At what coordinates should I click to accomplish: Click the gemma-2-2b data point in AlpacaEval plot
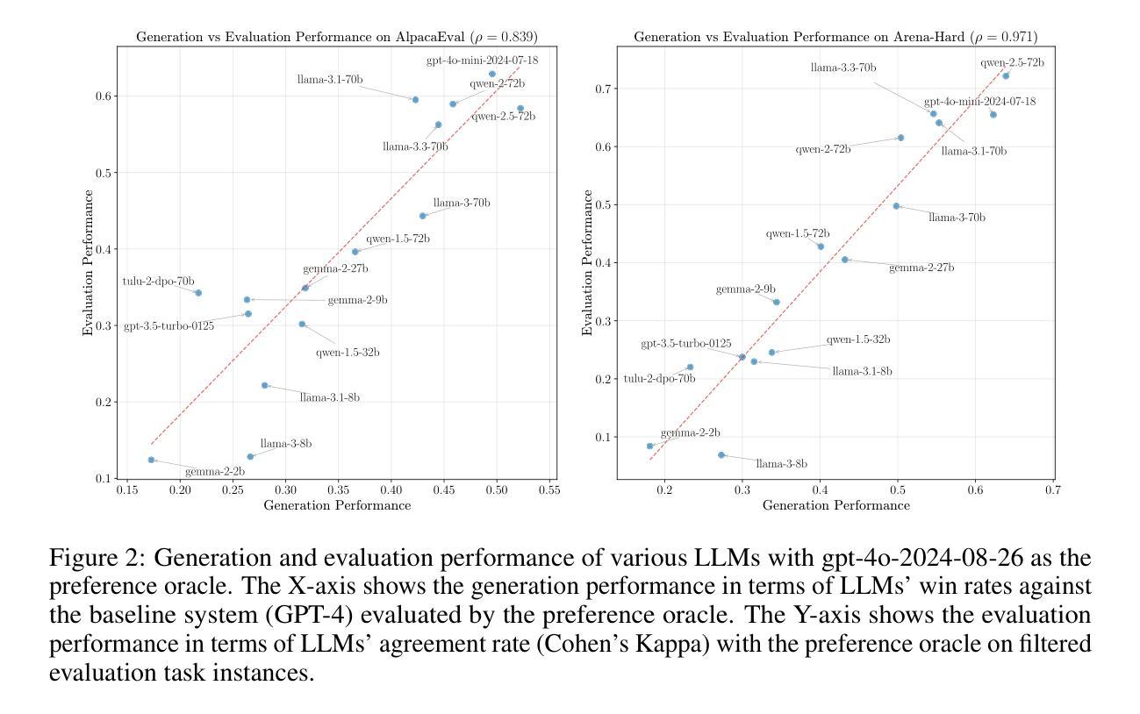pos(151,460)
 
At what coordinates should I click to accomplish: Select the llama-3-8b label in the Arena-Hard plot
pos(781,464)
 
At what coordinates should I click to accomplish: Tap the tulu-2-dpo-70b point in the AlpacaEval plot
pos(198,293)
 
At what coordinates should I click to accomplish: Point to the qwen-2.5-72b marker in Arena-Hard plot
pos(1006,76)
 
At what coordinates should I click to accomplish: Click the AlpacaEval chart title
pos(337,37)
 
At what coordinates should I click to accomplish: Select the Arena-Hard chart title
pos(835,37)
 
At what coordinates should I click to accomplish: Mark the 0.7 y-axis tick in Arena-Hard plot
pos(604,89)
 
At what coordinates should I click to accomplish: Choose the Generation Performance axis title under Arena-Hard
pos(835,506)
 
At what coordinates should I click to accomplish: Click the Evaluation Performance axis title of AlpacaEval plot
pos(89,263)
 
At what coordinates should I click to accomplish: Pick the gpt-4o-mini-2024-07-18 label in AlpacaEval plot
pos(482,61)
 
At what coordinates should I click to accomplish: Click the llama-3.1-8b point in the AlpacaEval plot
pos(264,385)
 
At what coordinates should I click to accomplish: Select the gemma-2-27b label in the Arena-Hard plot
pos(921,268)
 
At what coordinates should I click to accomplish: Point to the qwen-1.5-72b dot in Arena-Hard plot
pos(821,246)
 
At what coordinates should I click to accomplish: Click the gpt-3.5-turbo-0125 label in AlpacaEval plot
pos(168,326)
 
